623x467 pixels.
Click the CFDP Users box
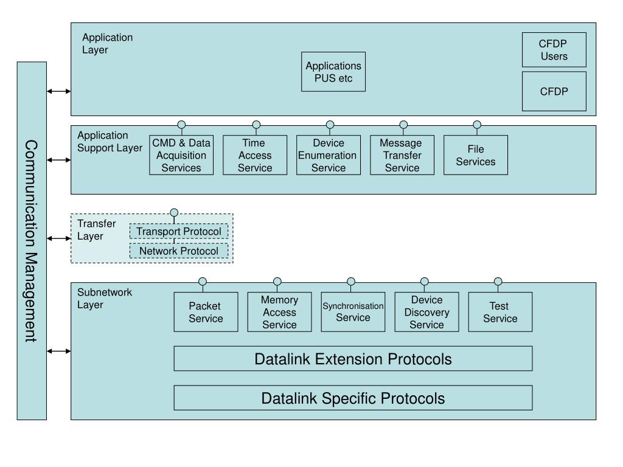554,50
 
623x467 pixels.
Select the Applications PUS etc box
333,72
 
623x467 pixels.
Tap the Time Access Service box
255,155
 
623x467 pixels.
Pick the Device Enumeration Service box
329,155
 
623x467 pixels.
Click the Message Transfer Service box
402,155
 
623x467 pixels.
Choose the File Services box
476,155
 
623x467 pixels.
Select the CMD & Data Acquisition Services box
181,155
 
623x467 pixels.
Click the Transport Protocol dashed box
179,231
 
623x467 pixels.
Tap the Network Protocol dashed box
179,251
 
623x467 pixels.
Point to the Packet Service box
206,312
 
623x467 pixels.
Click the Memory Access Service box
279,312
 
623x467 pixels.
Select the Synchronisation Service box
353,312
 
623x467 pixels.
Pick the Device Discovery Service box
426,312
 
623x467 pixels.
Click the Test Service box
500,312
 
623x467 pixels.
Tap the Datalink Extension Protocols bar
353,359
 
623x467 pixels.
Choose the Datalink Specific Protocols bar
353,398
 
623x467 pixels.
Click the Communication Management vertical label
31,241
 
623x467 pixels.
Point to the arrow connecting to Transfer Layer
59,238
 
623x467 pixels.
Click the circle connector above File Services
477,125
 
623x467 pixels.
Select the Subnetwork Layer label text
105,298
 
